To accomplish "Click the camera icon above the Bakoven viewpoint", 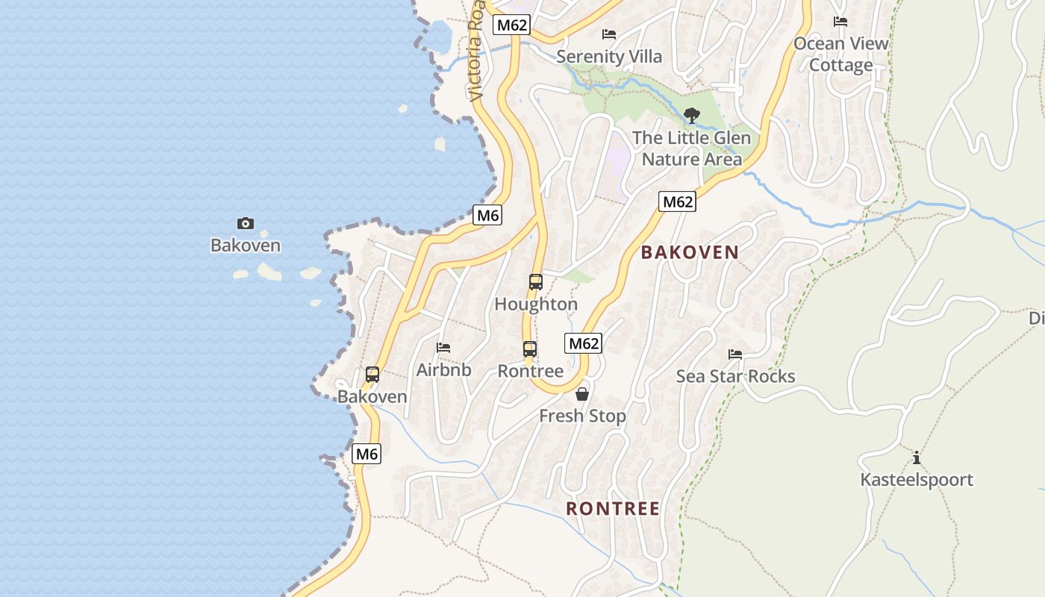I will click(245, 223).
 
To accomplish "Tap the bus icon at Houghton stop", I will click(535, 282).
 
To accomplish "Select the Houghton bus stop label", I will click(536, 304).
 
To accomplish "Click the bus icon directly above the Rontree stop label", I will click(529, 349).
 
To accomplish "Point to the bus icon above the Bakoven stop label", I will click(372, 375).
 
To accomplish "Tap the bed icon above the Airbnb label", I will click(443, 348).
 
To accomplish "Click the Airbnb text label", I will click(443, 369).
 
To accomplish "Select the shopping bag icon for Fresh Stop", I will click(582, 394).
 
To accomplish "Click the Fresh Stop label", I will click(582, 416).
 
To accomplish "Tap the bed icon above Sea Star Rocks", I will click(735, 354).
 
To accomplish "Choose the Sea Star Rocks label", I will click(735, 376).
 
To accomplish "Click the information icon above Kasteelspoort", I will click(917, 458).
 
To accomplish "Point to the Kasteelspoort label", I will click(917, 480).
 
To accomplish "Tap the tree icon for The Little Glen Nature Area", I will click(692, 116).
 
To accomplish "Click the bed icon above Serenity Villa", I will click(609, 34).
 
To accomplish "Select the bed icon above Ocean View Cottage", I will click(840, 22).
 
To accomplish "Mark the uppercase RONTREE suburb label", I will click(612, 509).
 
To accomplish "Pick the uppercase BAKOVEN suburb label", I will click(690, 252).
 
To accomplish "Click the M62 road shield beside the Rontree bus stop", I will click(583, 343).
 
